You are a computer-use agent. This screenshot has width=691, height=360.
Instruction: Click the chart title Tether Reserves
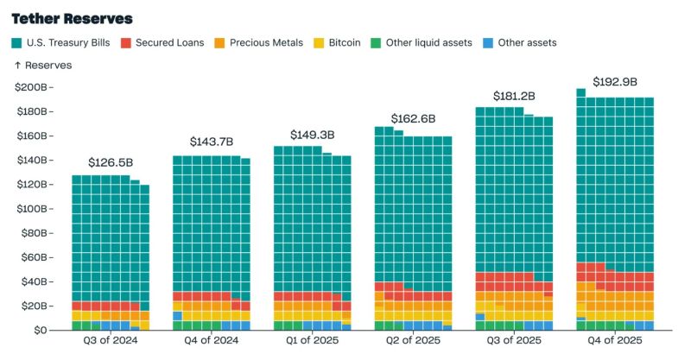click(72, 19)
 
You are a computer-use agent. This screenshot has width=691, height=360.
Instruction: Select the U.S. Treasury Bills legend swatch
click(16, 43)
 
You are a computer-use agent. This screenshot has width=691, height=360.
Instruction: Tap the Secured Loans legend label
click(169, 43)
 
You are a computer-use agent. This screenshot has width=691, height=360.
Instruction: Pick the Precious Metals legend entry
click(258, 43)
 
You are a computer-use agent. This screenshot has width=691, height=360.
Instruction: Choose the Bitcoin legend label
click(345, 43)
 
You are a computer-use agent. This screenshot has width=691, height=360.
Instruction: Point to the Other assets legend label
click(527, 43)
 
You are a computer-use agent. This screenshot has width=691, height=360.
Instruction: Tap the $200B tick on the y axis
click(31, 87)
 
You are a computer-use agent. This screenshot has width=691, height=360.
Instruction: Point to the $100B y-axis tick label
click(32, 209)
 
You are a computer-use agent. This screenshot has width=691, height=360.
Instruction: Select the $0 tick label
click(40, 330)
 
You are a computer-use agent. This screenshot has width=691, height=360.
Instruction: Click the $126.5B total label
click(111, 162)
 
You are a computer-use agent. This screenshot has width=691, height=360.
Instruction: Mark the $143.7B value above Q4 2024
click(212, 142)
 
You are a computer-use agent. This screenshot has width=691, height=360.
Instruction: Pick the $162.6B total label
click(413, 119)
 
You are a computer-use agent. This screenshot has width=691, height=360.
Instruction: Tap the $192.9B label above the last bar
click(615, 82)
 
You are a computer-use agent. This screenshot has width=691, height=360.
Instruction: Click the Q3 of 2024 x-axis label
click(111, 340)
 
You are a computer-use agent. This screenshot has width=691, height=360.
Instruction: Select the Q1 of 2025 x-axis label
click(312, 340)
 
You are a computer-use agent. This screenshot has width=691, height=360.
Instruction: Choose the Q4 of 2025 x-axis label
click(615, 340)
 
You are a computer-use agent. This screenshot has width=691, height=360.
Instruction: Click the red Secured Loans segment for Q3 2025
click(504, 281)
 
